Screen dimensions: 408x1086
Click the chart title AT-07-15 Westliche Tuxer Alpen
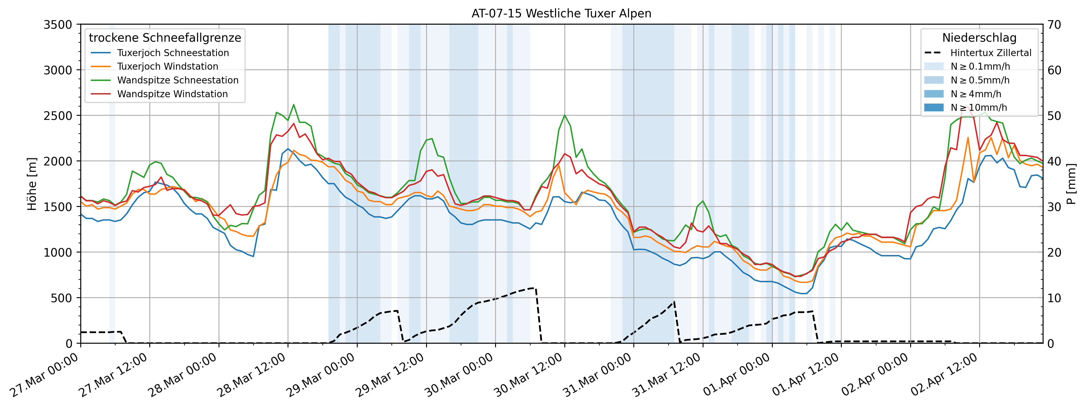point(561,14)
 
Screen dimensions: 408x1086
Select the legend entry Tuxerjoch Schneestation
point(173,53)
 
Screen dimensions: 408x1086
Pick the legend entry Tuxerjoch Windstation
point(167,66)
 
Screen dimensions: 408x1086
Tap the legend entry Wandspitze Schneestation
point(177,80)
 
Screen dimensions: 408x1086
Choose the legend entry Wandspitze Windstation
point(172,94)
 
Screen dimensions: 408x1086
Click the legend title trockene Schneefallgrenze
point(165,38)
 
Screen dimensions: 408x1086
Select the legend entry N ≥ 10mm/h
point(978,107)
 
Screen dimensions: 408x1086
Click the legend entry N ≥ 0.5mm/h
point(980,80)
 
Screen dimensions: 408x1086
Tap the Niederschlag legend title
point(979,38)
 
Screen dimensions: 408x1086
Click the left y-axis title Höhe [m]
point(32,184)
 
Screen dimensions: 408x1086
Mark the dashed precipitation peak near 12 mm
point(533,288)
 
